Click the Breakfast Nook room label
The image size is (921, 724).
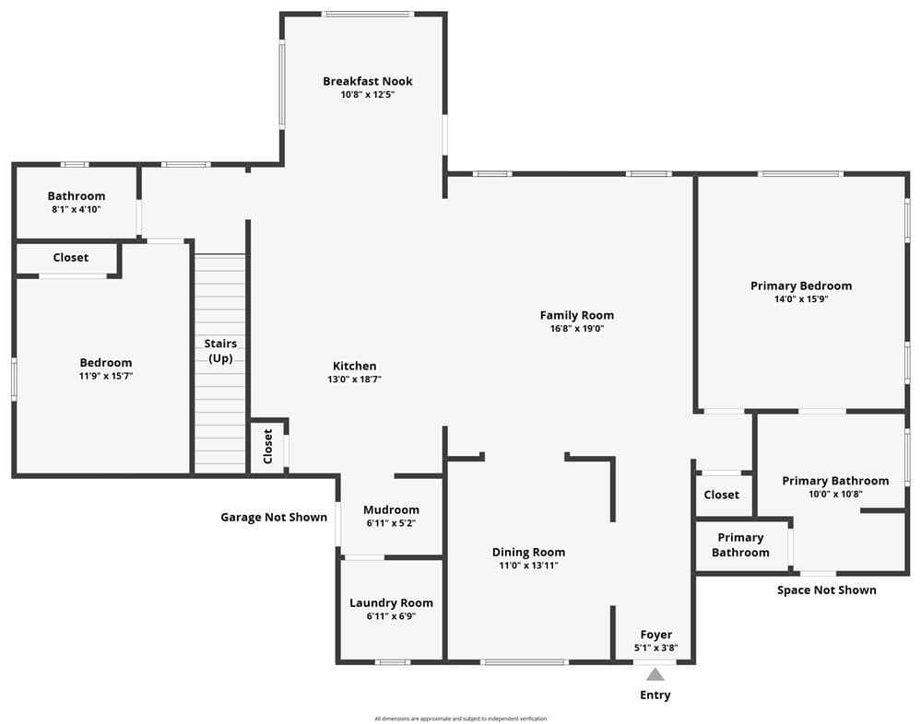[x=368, y=81]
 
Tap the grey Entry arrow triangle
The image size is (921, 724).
[x=655, y=674]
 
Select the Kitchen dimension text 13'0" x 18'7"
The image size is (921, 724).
[x=354, y=379]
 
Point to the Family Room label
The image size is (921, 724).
[x=577, y=315]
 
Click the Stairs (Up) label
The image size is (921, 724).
[x=220, y=351]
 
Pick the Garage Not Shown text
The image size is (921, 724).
[x=274, y=517]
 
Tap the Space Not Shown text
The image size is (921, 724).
[x=826, y=590]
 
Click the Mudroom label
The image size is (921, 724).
[x=391, y=510]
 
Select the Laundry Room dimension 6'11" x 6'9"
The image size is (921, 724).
[x=391, y=616]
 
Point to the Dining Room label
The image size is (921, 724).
[x=528, y=552]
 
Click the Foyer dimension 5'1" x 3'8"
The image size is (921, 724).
[x=656, y=648]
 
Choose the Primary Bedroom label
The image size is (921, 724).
[x=801, y=286]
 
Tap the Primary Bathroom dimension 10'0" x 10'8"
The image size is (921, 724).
[x=835, y=494]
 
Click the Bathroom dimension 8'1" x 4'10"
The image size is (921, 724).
[x=77, y=209]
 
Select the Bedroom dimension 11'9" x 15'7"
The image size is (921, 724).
[x=106, y=376]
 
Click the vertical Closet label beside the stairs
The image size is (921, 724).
[x=268, y=447]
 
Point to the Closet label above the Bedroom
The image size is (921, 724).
[x=70, y=258]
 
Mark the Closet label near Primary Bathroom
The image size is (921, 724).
[x=721, y=495]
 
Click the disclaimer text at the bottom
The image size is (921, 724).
[x=461, y=718]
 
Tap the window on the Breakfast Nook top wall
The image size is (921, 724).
[x=369, y=14]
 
